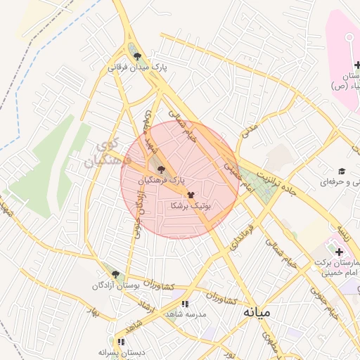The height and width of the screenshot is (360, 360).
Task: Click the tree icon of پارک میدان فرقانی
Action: point(137,57)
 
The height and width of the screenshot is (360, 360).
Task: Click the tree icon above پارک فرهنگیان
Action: point(162,169)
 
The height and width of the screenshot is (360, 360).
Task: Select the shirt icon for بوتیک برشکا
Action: point(191,194)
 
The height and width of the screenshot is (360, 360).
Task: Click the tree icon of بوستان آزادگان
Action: point(115,274)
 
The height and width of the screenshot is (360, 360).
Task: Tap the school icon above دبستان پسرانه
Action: point(121,342)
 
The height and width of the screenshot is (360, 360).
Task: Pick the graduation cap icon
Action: point(342,172)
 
